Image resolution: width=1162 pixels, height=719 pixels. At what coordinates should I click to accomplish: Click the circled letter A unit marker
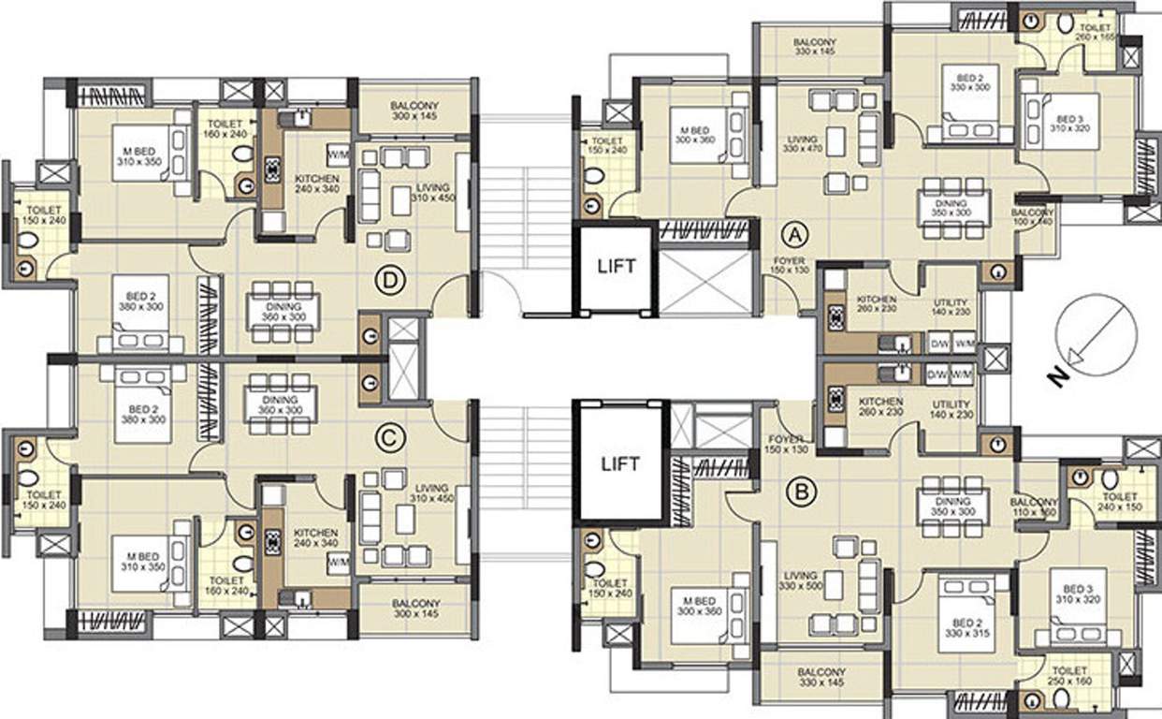point(794,230)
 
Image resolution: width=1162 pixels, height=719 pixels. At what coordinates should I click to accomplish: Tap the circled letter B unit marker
point(799,491)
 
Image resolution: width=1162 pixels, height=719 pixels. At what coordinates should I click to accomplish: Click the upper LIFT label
point(617,266)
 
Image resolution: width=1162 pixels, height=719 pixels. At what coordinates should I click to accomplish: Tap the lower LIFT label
point(619,463)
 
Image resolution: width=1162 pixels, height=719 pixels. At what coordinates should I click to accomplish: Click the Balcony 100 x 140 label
point(1033,218)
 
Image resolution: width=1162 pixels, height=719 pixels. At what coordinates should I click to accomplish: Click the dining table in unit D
point(283,311)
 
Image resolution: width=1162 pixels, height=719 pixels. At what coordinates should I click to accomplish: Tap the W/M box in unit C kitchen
point(338,563)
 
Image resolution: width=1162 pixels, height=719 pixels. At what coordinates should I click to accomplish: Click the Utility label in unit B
point(953,408)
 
